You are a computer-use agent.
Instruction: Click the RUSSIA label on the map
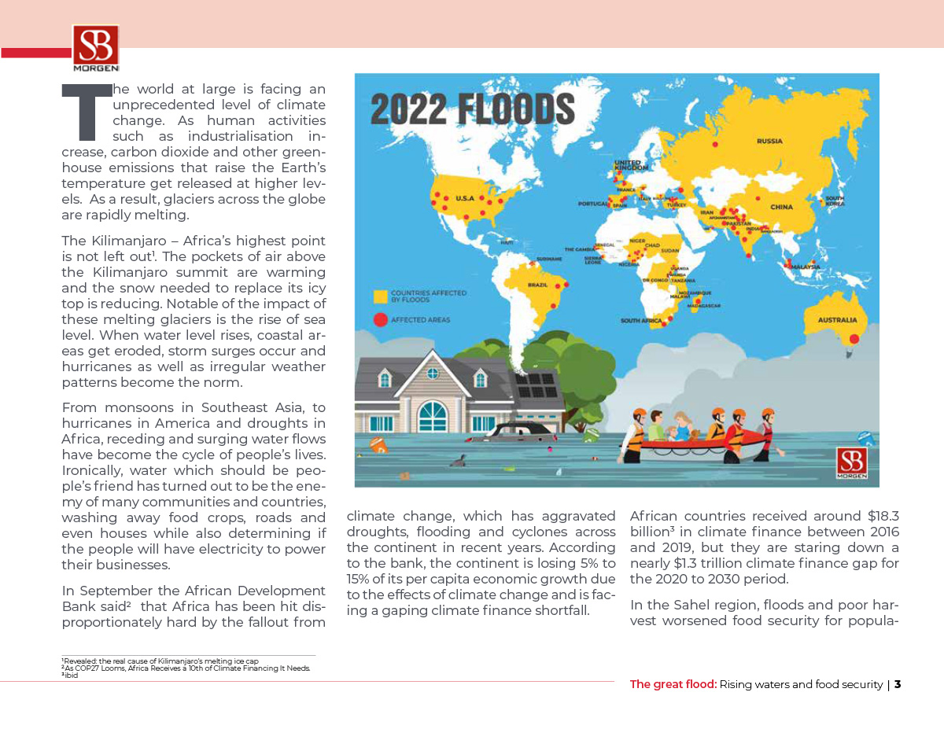pos(769,142)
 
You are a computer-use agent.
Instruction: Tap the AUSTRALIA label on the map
pos(836,320)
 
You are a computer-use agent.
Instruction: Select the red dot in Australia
pos(854,338)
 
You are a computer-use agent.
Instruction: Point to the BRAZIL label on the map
pos(537,285)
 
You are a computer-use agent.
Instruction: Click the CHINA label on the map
pos(781,207)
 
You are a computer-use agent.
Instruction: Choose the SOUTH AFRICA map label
pos(641,321)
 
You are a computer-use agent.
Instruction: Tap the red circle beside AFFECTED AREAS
pos(380,320)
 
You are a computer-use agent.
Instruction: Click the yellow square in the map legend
pos(380,296)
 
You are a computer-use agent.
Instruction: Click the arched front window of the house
pos(432,416)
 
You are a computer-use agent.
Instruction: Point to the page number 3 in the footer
pos(897,684)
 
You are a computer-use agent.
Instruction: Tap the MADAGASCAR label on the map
pos(704,305)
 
